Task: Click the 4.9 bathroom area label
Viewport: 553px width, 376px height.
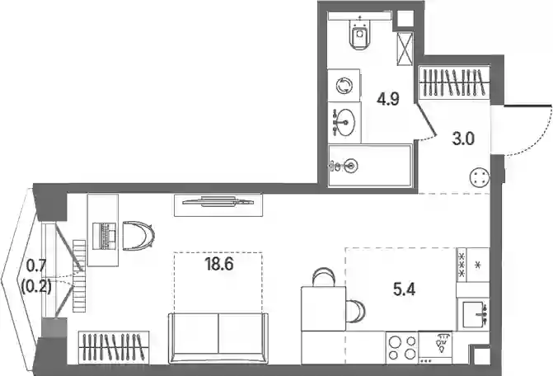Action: click(388, 100)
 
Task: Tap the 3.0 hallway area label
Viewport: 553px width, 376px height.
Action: click(463, 139)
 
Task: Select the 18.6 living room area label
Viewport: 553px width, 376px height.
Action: click(218, 264)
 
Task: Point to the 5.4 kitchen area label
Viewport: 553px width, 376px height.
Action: click(404, 289)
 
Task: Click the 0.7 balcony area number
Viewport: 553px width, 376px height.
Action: click(36, 266)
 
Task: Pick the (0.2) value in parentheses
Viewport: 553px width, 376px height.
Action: click(36, 287)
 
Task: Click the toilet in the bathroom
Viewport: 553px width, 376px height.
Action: click(359, 33)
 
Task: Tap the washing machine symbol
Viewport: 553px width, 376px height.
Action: click(344, 86)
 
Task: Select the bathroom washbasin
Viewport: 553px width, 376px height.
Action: click(344, 122)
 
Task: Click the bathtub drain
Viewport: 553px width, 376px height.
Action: click(351, 165)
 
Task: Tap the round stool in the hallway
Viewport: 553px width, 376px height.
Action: click(480, 177)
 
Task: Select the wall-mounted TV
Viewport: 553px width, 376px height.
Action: click(218, 202)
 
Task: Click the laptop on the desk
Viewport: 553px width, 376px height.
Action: click(104, 237)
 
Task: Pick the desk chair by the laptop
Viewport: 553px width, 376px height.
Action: click(138, 235)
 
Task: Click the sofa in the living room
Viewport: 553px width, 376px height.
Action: click(218, 337)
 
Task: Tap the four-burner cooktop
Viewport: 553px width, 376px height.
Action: click(401, 348)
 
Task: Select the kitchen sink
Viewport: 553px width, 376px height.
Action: click(473, 314)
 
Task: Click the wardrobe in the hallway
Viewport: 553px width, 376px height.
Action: click(454, 83)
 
